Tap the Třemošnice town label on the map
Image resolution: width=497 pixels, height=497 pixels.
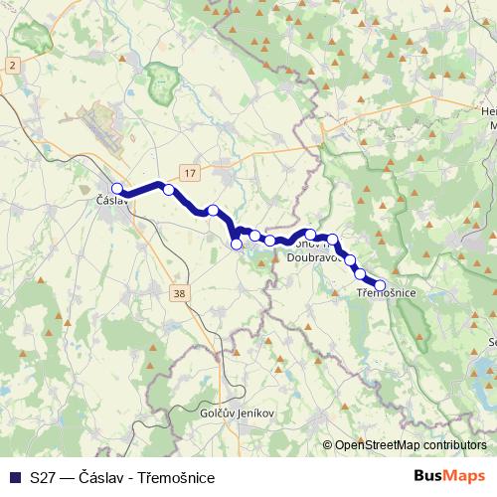386,293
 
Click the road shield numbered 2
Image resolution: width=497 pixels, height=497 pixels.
12,65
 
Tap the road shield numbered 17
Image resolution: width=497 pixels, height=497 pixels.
192,173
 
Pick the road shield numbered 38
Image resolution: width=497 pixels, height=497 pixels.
179,293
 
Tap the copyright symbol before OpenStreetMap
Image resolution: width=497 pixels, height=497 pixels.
327,445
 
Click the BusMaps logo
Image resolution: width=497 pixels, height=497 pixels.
449,475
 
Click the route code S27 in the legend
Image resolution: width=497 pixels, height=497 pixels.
43,477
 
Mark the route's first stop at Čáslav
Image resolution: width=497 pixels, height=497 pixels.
117,188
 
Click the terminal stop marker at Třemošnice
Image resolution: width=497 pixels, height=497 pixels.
380,285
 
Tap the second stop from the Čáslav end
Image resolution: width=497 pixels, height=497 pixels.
169,190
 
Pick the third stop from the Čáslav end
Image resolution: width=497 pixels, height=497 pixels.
213,210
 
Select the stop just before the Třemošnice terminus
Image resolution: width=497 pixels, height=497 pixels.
361,273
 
